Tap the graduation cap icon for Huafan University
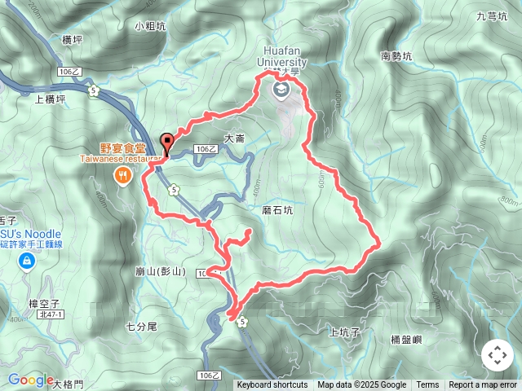tap(282, 90)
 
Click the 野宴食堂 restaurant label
tap(122, 149)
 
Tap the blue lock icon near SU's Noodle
tap(27, 260)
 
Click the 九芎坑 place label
tap(492, 15)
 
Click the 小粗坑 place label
tap(151, 26)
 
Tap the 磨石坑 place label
tap(277, 209)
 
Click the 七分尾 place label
tap(141, 327)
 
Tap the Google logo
tap(30, 380)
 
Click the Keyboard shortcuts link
tap(272, 385)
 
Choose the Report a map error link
tap(484, 385)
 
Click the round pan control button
tap(497, 355)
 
